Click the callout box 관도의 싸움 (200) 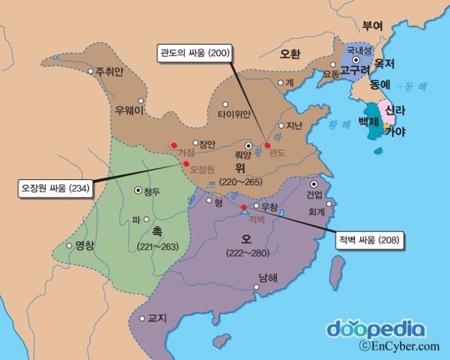(x=193, y=53)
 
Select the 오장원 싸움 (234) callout (x=55, y=188)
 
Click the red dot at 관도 (x=267, y=145)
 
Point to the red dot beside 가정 (x=174, y=145)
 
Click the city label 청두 (x=151, y=192)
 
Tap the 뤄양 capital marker (x=248, y=146)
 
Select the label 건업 (x=315, y=195)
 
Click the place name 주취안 (x=110, y=72)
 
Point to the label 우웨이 (x=129, y=111)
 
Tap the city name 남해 (x=268, y=278)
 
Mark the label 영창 (x=85, y=246)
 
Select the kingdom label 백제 (x=368, y=122)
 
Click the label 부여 (x=372, y=26)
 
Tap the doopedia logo (x=376, y=329)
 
